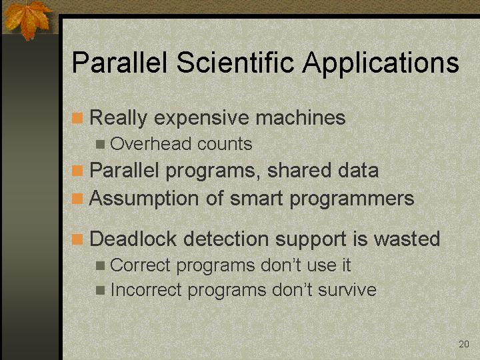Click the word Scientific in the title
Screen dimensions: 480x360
235,62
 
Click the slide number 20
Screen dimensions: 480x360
464,344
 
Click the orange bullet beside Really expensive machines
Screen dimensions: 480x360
77,118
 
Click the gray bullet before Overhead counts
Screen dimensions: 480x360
100,144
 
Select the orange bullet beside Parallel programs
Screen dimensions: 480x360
77,171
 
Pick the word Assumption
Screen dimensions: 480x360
144,199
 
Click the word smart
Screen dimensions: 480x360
256,199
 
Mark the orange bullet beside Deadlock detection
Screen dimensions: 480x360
77,239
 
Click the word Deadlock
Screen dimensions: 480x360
133,239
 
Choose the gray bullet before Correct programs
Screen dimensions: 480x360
100,265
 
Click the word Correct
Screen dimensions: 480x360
140,265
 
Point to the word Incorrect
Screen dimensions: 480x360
146,289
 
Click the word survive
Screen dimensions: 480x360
347,290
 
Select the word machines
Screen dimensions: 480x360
301,117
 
